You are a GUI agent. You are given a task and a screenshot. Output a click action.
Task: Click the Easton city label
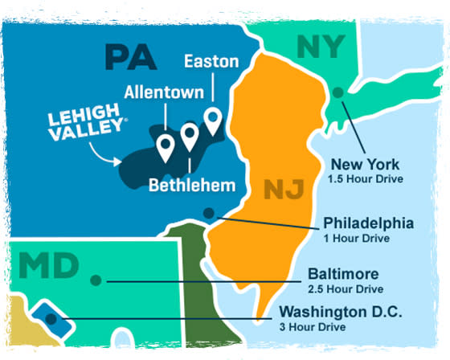pyautogui.click(x=211, y=60)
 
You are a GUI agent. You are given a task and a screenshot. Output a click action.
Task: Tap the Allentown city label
pyautogui.click(x=164, y=90)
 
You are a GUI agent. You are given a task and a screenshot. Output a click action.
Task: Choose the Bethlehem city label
pyautogui.click(x=193, y=186)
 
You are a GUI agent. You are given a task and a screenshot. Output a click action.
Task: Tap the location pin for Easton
pyautogui.click(x=213, y=121)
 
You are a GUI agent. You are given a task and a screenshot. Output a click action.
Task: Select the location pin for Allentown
pyautogui.click(x=166, y=147)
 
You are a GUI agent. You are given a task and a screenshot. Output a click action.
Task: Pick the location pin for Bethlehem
pyautogui.click(x=190, y=136)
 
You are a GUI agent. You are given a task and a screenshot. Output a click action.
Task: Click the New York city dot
pyautogui.click(x=338, y=92)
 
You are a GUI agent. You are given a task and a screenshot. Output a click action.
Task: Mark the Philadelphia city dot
pyautogui.click(x=209, y=214)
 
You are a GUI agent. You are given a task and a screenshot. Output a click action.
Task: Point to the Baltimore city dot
pyautogui.click(x=96, y=280)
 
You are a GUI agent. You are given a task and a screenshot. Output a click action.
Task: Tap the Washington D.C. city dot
pyautogui.click(x=51, y=319)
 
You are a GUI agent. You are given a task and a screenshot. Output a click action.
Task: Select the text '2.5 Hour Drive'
pyautogui.click(x=346, y=289)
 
